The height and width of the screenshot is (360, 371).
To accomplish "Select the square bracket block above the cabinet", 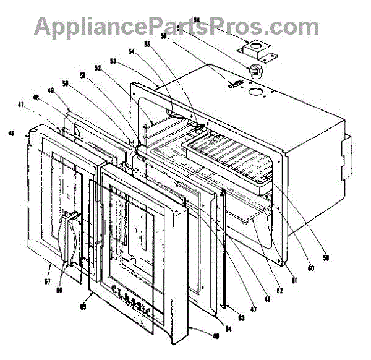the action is point(254,49).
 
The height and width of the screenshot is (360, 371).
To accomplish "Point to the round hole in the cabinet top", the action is point(255,94).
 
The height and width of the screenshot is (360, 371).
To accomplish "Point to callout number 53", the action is point(113,61).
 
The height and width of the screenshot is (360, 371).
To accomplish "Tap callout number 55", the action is point(147,45).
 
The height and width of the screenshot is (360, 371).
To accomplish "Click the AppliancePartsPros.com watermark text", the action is point(177,26).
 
